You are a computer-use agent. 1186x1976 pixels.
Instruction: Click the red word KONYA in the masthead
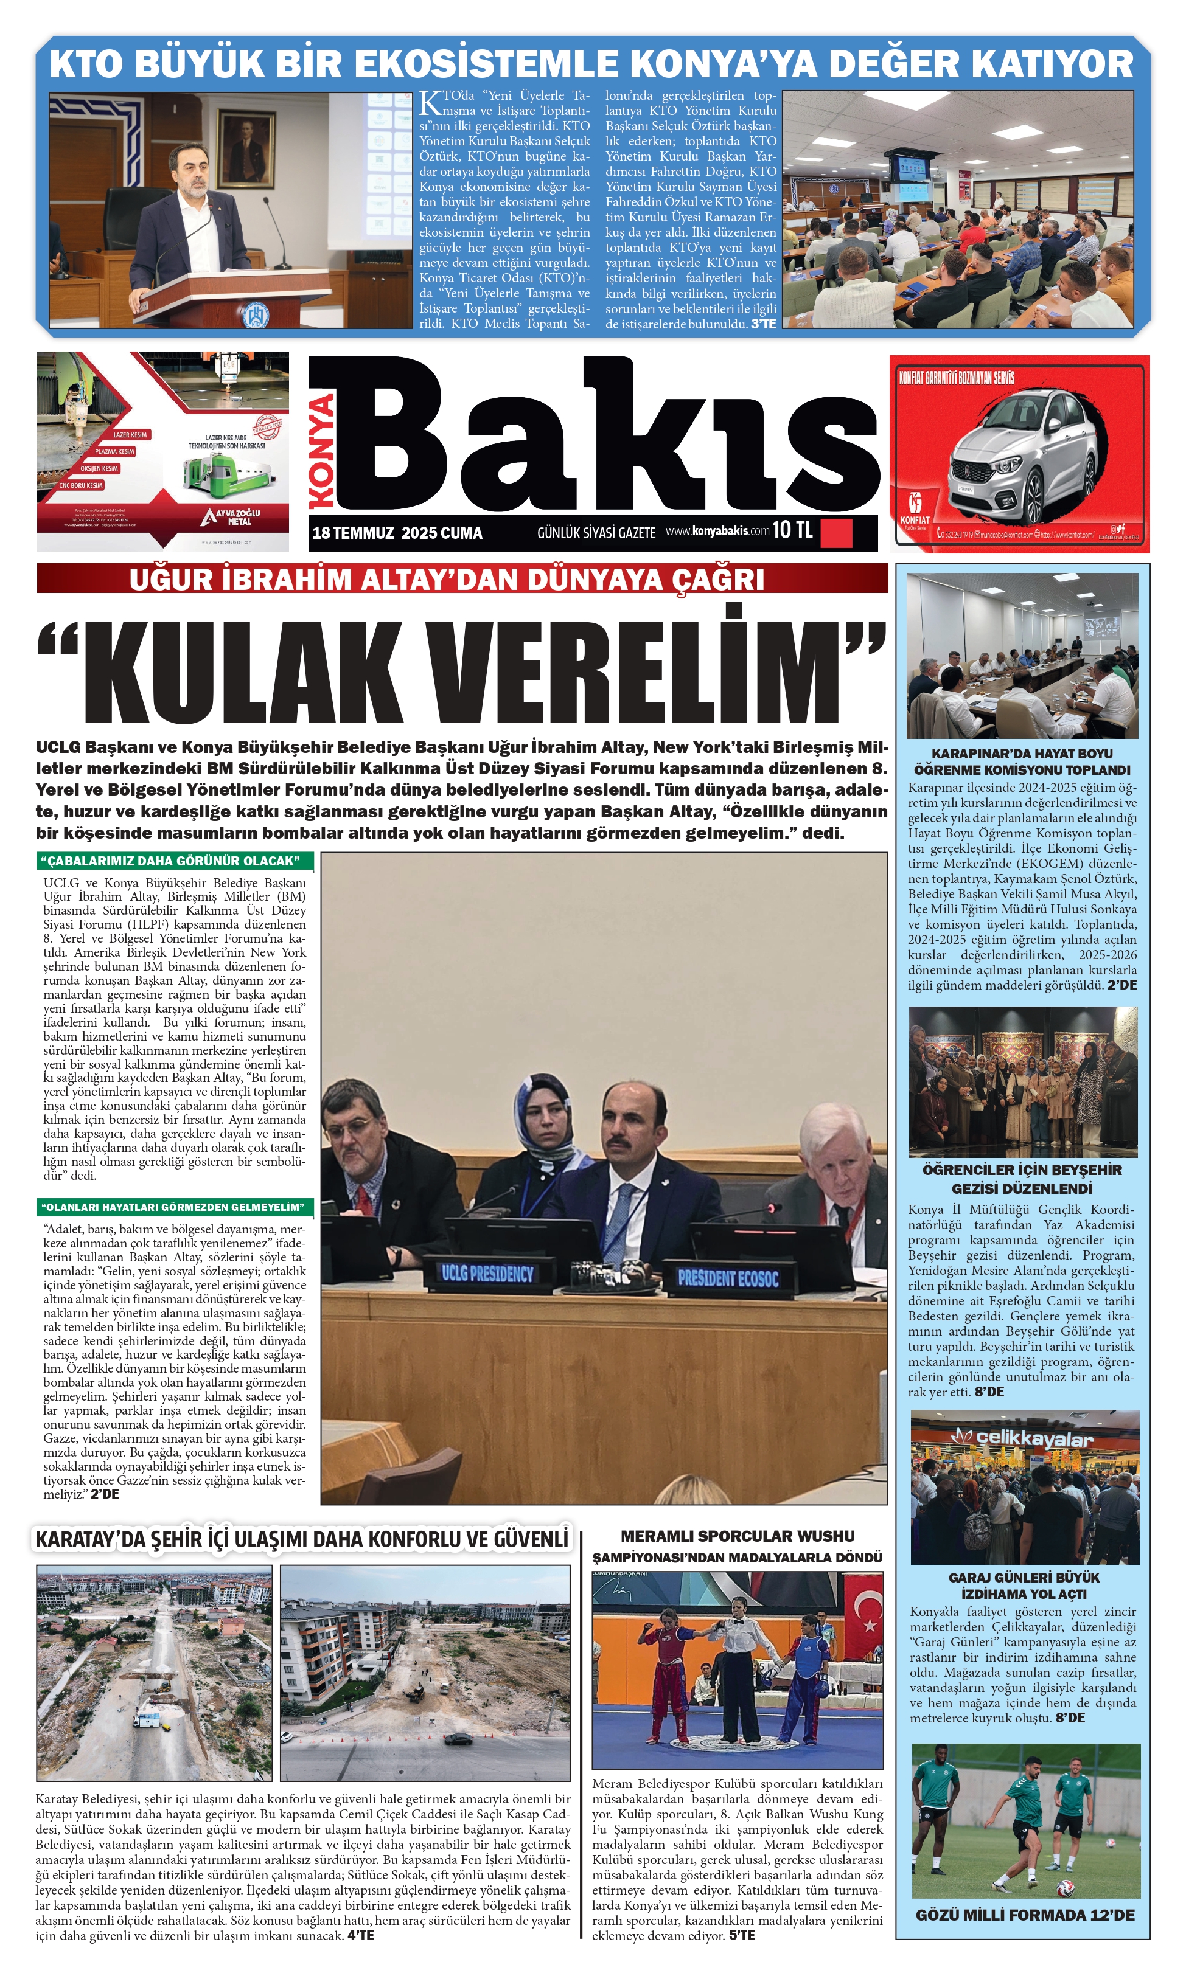(323, 451)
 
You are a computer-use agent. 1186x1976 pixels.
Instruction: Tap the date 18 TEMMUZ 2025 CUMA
(397, 533)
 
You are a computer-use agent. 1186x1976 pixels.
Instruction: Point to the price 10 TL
(792, 530)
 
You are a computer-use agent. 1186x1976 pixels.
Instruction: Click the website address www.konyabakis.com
(717, 531)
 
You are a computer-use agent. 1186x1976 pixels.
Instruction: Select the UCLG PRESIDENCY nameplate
(487, 1273)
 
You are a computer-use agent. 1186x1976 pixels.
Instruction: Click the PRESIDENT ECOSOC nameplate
(727, 1278)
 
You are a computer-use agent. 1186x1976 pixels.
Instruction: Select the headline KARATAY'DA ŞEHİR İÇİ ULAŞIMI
(302, 1555)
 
